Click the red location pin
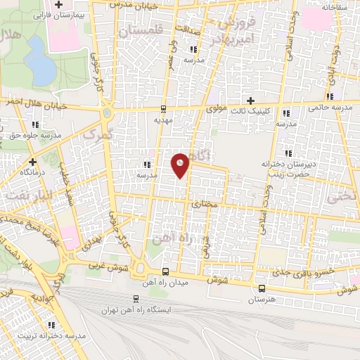181,165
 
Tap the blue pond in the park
42,67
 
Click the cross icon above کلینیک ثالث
250,101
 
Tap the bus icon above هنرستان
262,288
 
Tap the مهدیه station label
164,120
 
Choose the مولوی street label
218,110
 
